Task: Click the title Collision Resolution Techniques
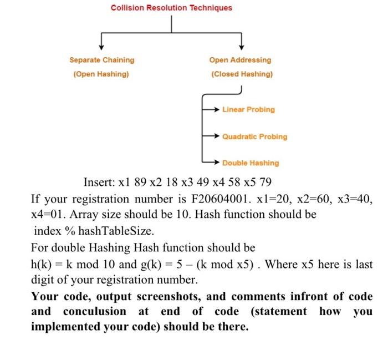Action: (x=171, y=8)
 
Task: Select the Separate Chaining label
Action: (x=101, y=60)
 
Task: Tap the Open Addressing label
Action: (x=240, y=60)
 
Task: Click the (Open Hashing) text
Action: (x=101, y=74)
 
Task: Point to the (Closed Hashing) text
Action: (x=242, y=74)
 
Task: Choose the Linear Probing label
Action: (x=248, y=109)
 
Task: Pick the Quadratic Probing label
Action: (x=254, y=136)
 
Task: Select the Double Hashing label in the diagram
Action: (x=251, y=163)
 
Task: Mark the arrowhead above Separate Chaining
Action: (x=101, y=47)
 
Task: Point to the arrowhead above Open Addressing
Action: (x=242, y=47)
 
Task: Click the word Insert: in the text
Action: (x=99, y=182)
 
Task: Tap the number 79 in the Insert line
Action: (x=265, y=182)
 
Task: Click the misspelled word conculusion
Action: (x=95, y=311)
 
